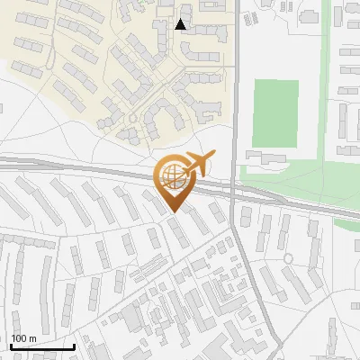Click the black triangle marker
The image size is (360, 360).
[181, 24]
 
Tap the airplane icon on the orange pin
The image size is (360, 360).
[198, 164]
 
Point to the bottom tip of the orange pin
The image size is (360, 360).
[172, 213]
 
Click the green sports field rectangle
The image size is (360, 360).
[274, 112]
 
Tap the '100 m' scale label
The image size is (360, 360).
[23, 338]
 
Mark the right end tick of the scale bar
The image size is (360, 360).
[73, 345]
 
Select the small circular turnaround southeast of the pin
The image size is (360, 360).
[288, 259]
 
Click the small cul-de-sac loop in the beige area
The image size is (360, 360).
[133, 118]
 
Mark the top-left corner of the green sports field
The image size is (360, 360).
[254, 80]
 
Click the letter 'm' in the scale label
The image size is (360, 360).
[32, 338]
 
